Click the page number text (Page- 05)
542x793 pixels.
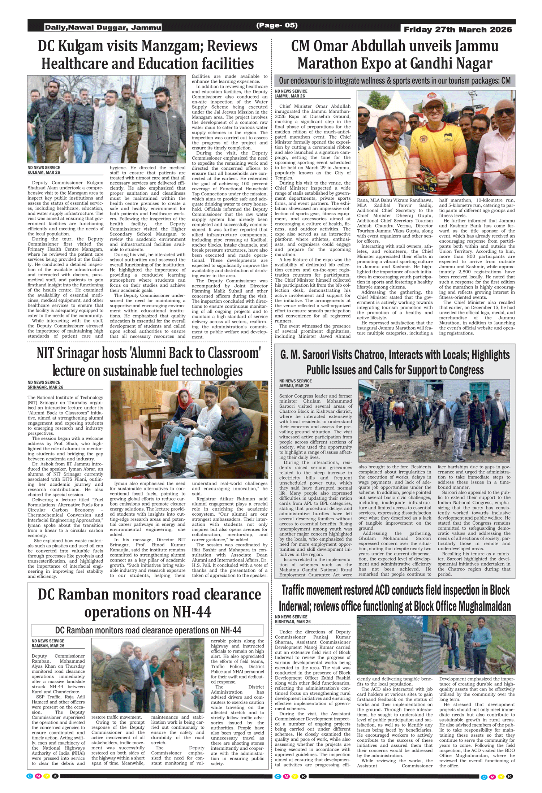[x=276, y=25]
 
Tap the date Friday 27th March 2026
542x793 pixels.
[x=458, y=30]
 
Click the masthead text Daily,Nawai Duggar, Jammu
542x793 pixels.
[x=103, y=27]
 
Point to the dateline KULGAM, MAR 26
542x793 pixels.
[x=44, y=173]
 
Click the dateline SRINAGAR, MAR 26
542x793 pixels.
[x=45, y=387]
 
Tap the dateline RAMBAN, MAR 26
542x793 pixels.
[x=48, y=646]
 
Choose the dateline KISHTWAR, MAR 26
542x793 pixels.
[x=292, y=622]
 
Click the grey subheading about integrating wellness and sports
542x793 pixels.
[x=395, y=81]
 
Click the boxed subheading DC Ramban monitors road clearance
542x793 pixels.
[x=148, y=630]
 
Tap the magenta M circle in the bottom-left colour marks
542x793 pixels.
[x=38, y=776]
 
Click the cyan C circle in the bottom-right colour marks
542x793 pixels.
[x=484, y=777]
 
